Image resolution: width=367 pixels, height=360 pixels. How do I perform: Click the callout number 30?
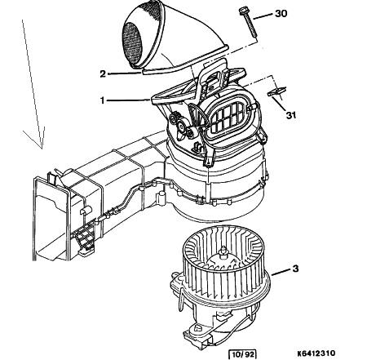pos(281,13)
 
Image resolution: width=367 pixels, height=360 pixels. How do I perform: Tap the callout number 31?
pos(291,115)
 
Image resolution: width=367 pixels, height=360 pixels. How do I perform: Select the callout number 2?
pos(103,73)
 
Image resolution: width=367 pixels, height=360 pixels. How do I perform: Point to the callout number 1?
pos(102,100)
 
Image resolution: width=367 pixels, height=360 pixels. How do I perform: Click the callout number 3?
pos(295,269)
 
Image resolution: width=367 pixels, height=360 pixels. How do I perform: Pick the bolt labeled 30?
pos(247,22)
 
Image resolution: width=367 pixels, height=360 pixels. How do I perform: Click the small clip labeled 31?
pos(276,91)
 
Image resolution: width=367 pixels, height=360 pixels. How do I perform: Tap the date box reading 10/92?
pos(243,354)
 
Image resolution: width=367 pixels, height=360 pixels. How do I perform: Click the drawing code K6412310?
pos(316,353)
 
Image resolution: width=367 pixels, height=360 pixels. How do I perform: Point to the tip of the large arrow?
pos(42,149)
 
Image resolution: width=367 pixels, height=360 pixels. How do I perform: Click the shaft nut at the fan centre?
pos(223,251)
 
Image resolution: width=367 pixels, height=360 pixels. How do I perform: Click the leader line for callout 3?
pos(281,273)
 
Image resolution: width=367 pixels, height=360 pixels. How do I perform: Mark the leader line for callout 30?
pos(263,16)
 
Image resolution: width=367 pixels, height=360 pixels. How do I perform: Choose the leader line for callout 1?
pos(129,100)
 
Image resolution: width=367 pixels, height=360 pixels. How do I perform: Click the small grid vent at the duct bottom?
pos(83,237)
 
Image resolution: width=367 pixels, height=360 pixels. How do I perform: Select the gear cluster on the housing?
pos(182,124)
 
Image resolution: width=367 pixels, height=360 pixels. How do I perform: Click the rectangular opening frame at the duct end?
pos(51,219)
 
